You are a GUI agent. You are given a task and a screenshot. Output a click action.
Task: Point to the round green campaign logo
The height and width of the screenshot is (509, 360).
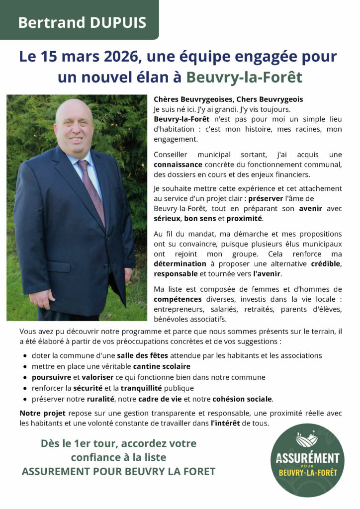click(307, 460)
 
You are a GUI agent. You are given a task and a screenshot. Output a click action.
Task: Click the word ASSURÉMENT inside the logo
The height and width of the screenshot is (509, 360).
click(307, 458)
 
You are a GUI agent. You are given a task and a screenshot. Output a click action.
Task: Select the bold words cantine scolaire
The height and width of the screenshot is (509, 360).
click(161, 366)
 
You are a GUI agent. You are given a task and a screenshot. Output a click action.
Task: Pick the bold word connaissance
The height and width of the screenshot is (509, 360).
click(178, 164)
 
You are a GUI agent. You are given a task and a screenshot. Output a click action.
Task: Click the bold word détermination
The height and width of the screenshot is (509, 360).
click(180, 263)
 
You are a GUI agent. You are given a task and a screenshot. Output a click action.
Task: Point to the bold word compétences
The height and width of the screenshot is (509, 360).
click(178, 299)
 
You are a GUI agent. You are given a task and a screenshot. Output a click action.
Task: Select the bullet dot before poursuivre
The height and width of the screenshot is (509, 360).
click(25, 378)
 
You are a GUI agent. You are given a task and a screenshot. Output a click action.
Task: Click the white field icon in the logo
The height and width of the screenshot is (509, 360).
click(307, 440)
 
